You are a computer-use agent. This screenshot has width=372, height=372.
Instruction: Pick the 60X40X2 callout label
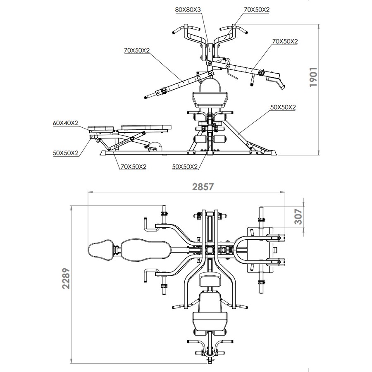tap(66, 123)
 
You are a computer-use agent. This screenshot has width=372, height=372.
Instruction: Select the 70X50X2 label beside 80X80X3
tap(258, 9)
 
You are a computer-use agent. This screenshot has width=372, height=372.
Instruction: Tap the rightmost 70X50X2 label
tap(285, 41)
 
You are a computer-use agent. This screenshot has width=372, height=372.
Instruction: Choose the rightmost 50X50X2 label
tap(283, 107)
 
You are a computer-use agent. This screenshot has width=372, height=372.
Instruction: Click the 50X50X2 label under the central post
tap(185, 167)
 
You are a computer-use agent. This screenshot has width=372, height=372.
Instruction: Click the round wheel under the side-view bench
tap(155, 146)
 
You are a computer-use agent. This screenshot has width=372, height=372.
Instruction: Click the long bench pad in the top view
tap(145, 250)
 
